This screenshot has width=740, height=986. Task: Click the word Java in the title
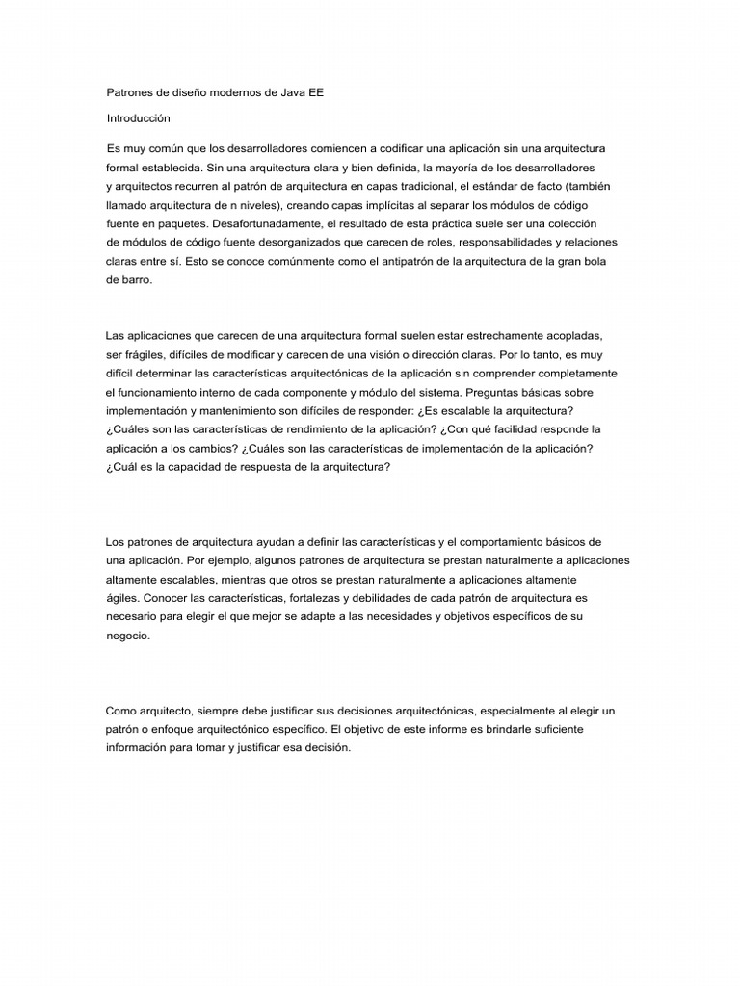coord(293,93)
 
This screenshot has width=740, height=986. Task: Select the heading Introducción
coord(138,118)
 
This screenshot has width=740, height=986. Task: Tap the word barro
coord(131,279)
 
